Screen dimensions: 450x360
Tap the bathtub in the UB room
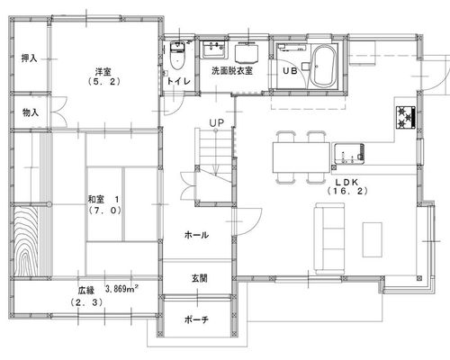(322, 67)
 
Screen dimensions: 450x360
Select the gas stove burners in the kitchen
(406, 117)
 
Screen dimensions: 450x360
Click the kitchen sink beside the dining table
(349, 154)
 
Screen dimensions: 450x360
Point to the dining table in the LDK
(301, 157)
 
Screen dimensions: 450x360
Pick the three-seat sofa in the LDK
(329, 238)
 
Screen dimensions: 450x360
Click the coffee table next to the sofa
(373, 239)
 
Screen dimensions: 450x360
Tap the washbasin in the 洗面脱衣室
(214, 49)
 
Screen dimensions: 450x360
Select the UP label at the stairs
(217, 123)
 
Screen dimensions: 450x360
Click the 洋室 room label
(103, 72)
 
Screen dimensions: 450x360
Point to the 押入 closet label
(30, 58)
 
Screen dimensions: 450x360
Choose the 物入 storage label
(31, 112)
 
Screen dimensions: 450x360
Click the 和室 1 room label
(103, 199)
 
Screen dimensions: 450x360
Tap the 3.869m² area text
(121, 289)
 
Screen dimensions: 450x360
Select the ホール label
(196, 235)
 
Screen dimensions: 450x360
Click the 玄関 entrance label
(199, 278)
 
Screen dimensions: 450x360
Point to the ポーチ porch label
(196, 319)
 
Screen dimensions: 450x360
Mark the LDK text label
(347, 182)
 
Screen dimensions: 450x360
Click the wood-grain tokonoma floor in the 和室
(26, 240)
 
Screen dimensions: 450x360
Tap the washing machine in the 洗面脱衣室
(247, 53)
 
